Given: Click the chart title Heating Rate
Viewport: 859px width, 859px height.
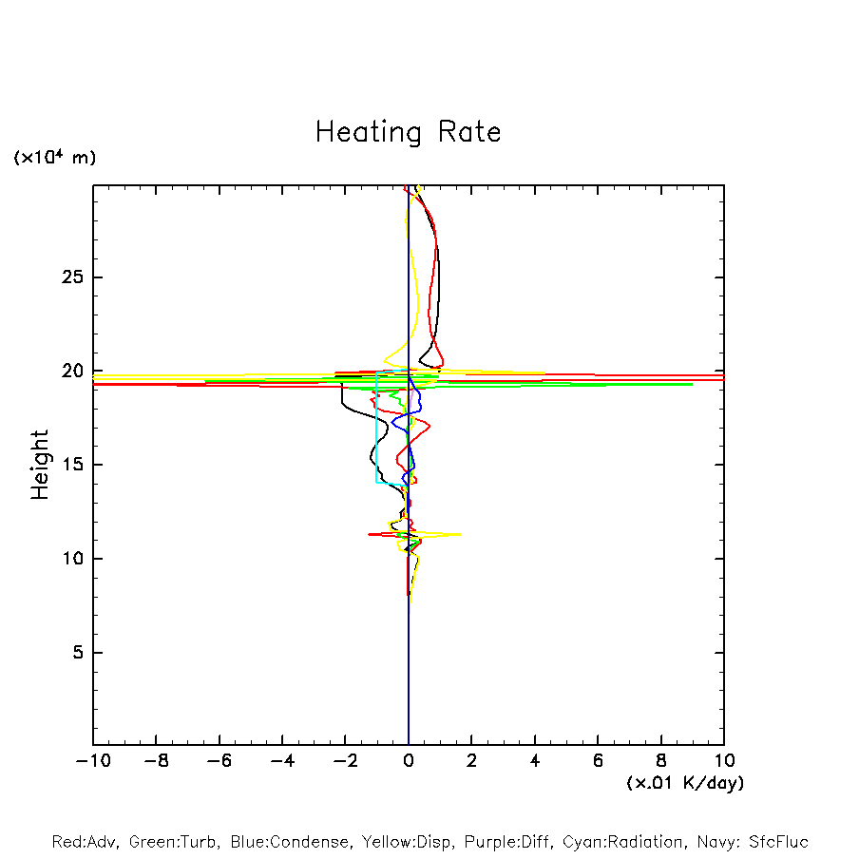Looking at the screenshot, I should [408, 131].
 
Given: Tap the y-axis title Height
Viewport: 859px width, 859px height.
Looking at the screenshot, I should [39, 465].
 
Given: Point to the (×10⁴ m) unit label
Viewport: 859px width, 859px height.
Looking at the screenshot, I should [54, 158].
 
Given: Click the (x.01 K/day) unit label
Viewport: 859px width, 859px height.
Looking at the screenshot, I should [684, 782].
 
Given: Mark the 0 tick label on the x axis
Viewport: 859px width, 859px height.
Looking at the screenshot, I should [409, 760].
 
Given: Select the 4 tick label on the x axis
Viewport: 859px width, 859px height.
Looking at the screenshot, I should [535, 760].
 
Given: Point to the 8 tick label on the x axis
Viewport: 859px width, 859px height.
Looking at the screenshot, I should [661, 760].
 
